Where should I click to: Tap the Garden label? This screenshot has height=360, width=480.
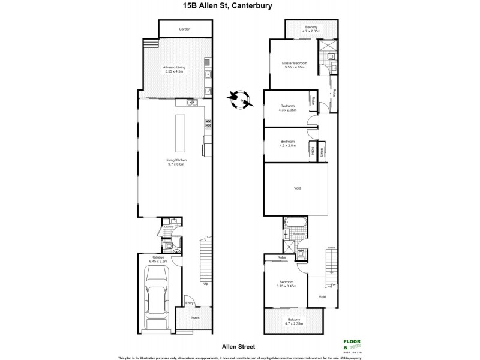[185, 29]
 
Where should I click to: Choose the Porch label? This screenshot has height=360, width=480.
[194, 317]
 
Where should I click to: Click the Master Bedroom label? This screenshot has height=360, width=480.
[295, 64]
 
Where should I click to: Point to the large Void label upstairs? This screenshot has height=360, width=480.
[296, 188]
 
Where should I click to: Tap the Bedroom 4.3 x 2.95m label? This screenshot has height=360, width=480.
[287, 107]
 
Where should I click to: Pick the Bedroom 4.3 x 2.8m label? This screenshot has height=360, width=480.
[287, 144]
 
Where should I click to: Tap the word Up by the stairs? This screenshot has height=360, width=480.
[205, 284]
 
